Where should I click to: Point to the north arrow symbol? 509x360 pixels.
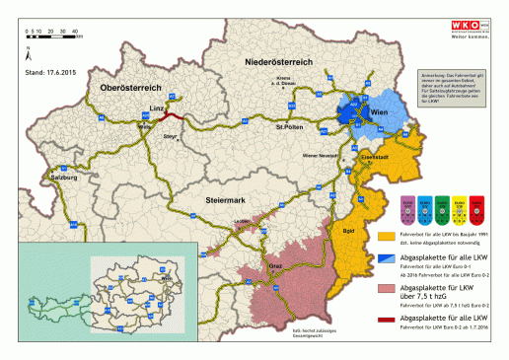[31, 46]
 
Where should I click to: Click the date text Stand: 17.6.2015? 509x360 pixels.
[50, 72]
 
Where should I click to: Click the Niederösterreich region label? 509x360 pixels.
[279, 61]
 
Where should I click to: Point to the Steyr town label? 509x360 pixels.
[170, 137]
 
